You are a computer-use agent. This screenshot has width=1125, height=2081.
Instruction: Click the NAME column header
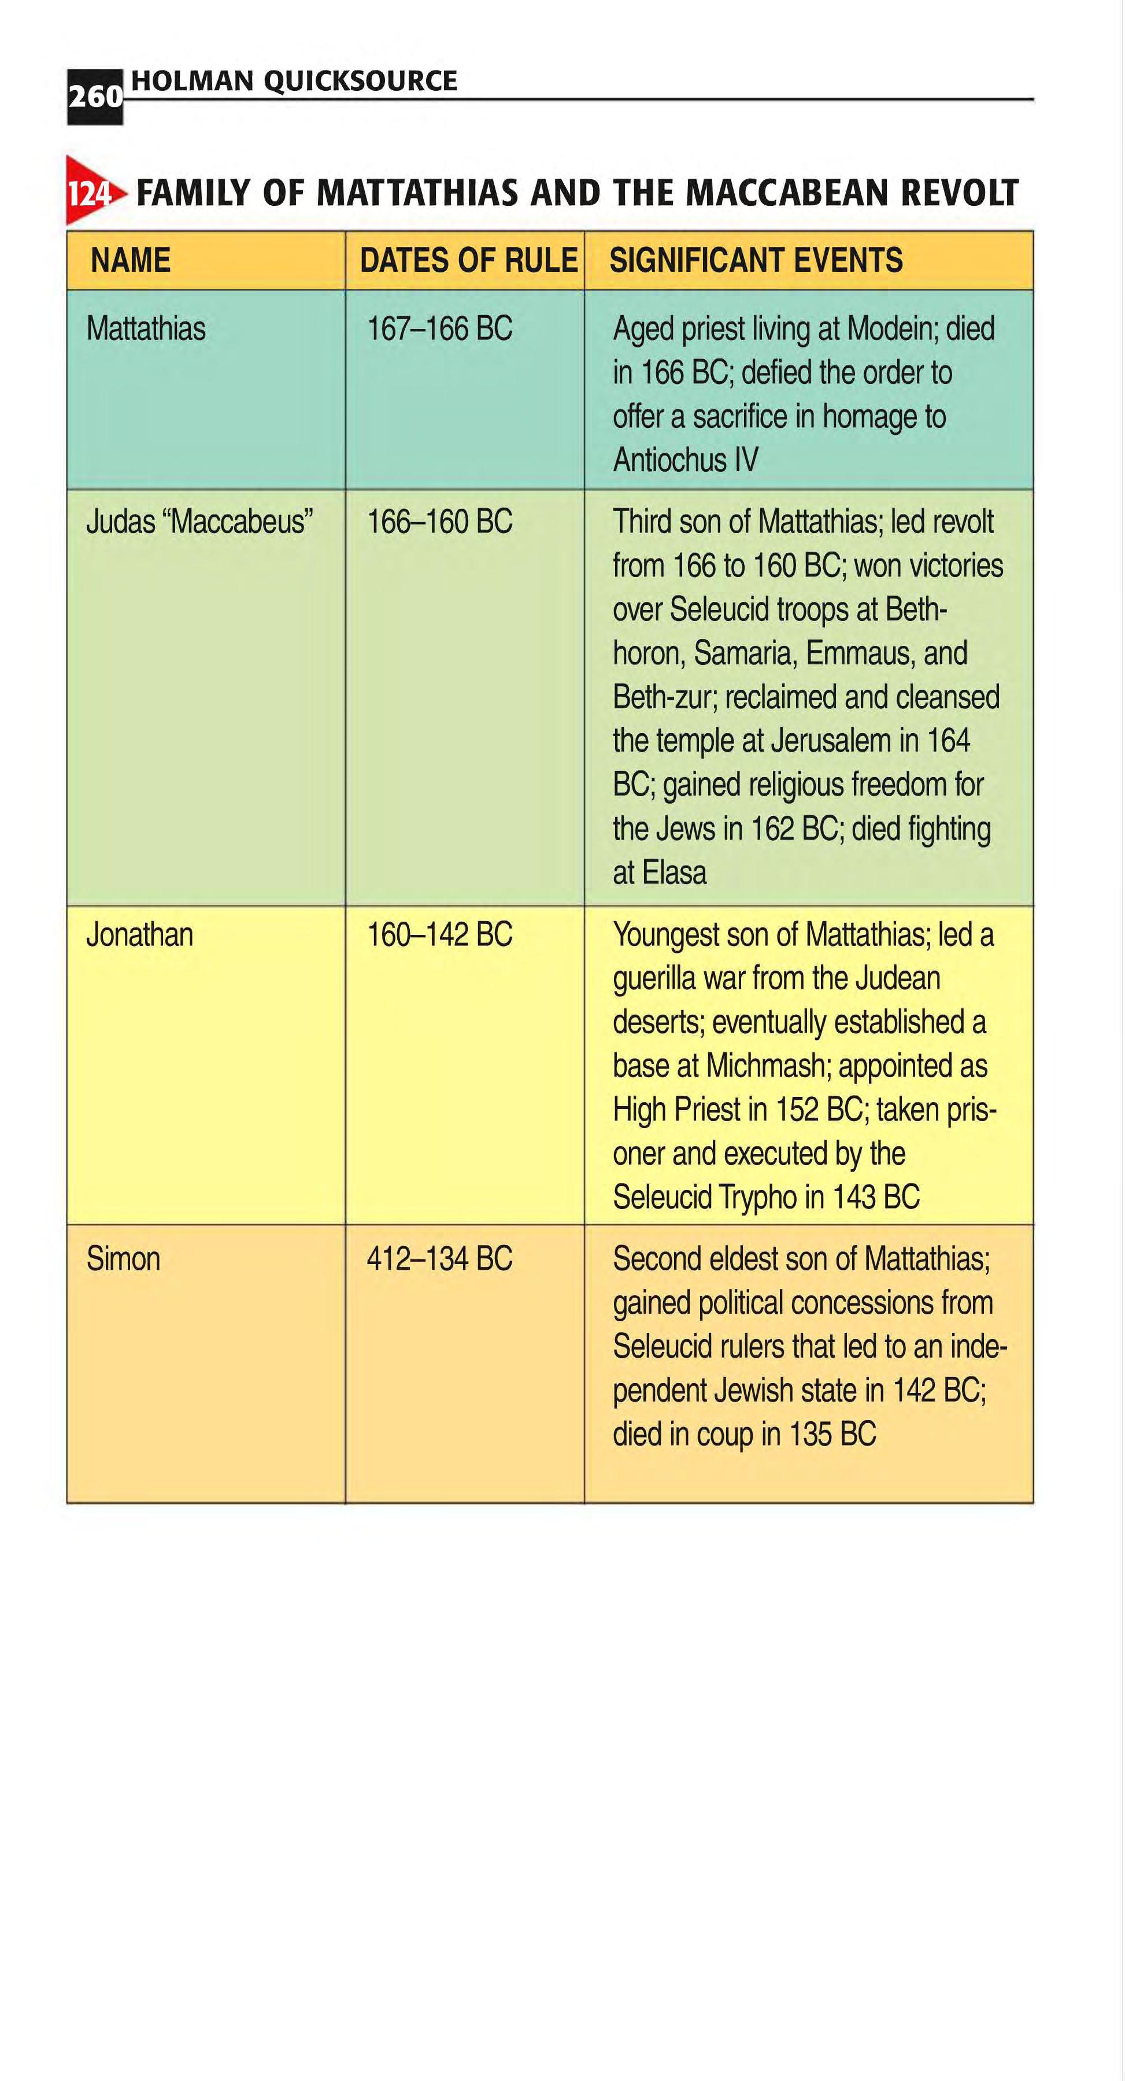pos(130,260)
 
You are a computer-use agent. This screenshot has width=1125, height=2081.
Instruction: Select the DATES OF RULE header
pos(468,260)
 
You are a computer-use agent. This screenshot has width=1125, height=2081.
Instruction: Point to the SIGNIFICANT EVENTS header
pos(756,260)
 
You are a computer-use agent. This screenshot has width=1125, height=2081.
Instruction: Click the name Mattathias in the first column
pos(146,329)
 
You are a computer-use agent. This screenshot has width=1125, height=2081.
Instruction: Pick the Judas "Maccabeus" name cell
pos(199,522)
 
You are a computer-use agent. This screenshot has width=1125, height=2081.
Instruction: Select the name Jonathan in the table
pos(140,934)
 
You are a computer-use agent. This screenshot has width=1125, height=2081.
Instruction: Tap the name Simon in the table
pos(124,1259)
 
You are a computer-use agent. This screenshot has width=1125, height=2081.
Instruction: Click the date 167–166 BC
pos(439,329)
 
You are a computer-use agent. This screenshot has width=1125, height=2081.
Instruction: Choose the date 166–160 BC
pos(439,522)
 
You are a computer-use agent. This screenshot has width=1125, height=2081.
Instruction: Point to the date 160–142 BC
pos(439,934)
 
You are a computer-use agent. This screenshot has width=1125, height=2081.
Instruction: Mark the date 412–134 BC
pos(439,1259)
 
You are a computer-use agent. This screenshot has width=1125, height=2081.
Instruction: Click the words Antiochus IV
pos(686,460)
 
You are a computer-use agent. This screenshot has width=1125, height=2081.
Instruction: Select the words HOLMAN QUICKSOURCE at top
pos(294,81)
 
